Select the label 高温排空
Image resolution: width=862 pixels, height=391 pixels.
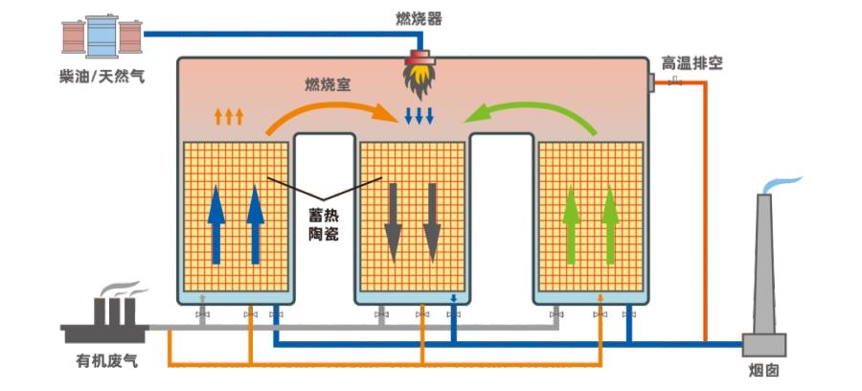[x=692, y=63]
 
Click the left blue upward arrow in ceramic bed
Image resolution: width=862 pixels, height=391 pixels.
[x=216, y=224]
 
